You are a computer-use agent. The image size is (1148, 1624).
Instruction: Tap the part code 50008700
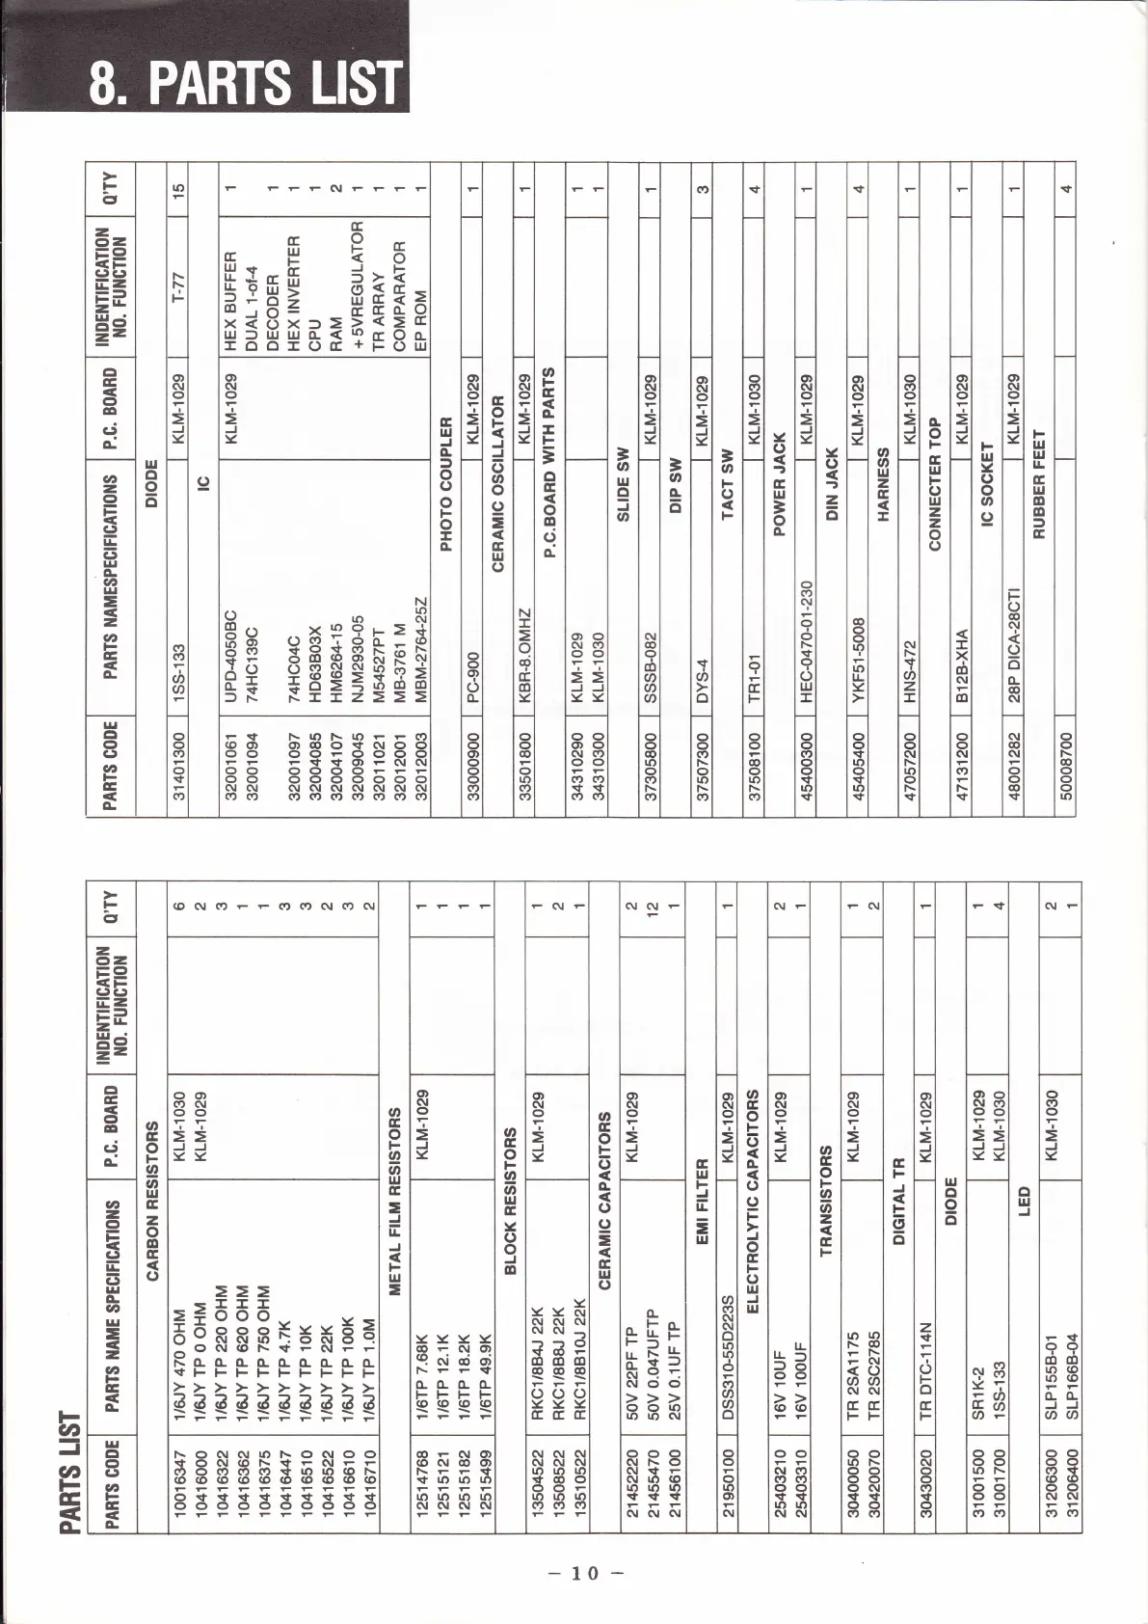tap(1064, 761)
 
